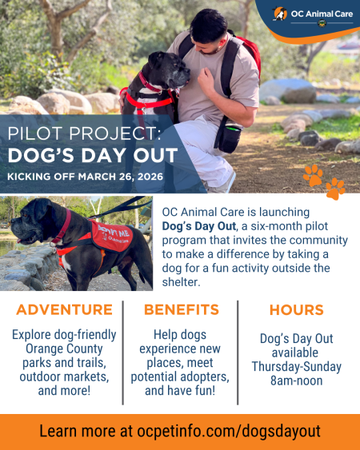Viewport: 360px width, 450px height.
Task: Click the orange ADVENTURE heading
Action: click(64, 310)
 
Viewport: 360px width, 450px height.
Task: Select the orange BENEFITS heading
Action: click(180, 310)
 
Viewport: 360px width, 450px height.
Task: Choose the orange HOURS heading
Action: click(296, 310)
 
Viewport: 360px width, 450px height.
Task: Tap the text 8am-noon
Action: click(296, 381)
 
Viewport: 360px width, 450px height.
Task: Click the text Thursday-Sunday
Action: click(296, 367)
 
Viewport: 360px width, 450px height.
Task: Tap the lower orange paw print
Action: click(335, 189)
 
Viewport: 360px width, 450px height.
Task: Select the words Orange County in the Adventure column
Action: click(64, 349)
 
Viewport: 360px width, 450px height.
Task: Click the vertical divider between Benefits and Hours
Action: click(238, 352)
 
